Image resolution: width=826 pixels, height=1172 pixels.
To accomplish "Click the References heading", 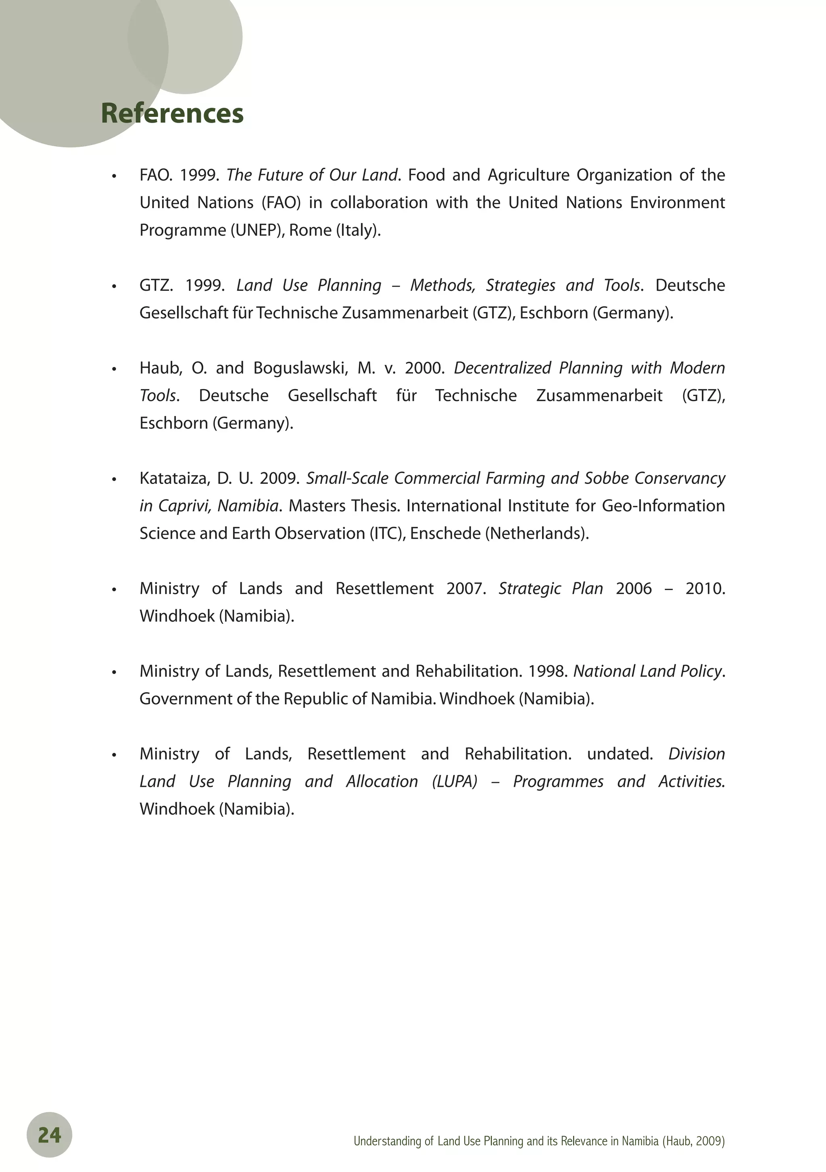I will (x=172, y=113).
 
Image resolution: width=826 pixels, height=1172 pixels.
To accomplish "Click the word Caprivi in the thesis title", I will (x=183, y=506).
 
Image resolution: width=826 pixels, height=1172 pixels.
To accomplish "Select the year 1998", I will (x=548, y=671).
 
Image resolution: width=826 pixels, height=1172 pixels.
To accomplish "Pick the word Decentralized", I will (x=503, y=368).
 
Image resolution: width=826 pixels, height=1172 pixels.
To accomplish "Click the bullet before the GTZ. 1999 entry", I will (x=115, y=287).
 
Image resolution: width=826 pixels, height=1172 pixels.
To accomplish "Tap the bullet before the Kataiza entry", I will (x=115, y=480).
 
